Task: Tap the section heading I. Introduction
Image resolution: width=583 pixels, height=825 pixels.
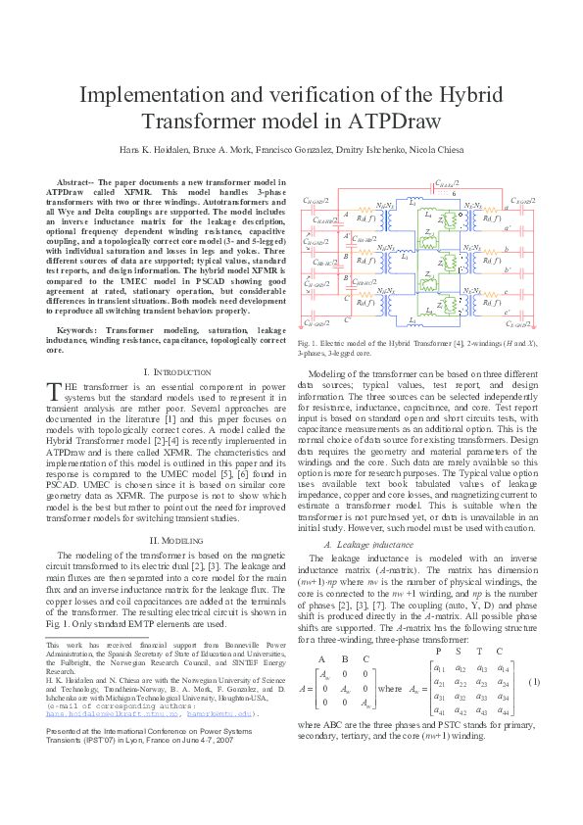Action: tap(176, 373)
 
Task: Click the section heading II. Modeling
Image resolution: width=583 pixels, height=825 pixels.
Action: tap(176, 540)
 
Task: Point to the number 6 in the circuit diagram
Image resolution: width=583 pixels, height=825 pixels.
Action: tap(454, 193)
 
